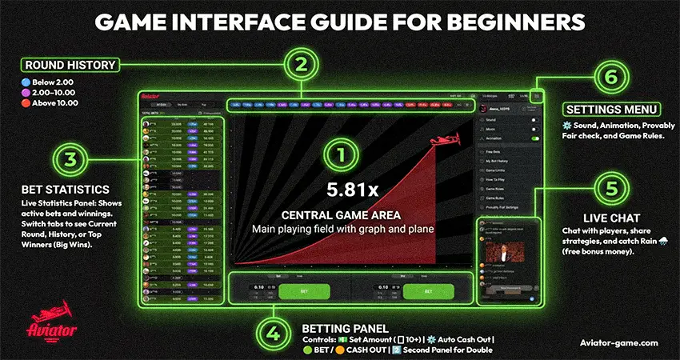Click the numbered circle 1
coord(342,153)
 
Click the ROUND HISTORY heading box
coord(70,65)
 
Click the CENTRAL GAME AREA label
coord(342,215)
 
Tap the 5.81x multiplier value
coord(342,190)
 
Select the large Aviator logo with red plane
coord(52,320)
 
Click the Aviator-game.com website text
coord(618,342)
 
